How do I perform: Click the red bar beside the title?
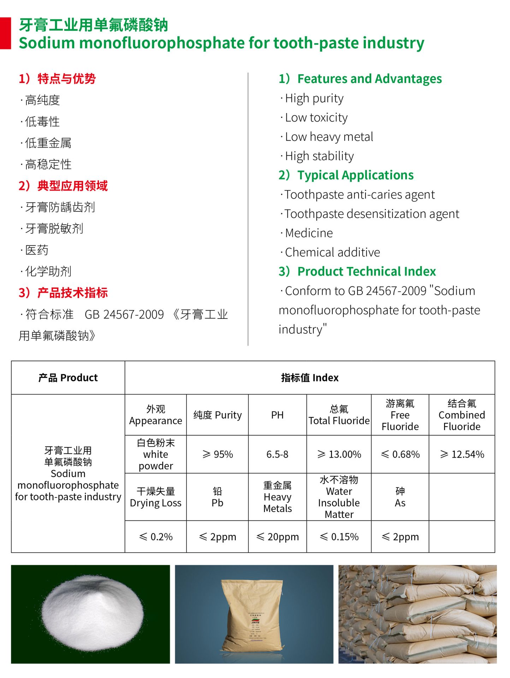click(5, 33)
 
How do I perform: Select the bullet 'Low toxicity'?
click(316, 118)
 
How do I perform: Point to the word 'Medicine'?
click(309, 233)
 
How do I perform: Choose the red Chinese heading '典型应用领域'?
click(72, 186)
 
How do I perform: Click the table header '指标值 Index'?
click(309, 378)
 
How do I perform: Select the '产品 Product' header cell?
click(68, 378)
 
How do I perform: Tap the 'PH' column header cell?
click(277, 415)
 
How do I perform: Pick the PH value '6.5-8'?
click(277, 454)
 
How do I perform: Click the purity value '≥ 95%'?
click(218, 454)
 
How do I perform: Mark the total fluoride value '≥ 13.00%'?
click(339, 454)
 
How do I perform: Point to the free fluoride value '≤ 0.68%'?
click(400, 454)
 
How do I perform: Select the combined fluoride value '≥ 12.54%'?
click(462, 454)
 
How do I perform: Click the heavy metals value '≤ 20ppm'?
click(277, 537)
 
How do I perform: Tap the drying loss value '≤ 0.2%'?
click(156, 537)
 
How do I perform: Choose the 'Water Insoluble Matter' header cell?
click(339, 497)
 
